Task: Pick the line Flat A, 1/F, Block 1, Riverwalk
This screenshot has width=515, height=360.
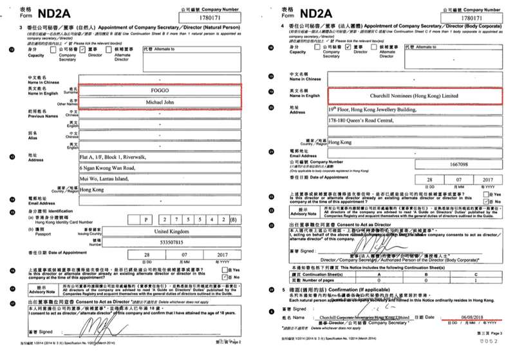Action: [111, 156]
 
